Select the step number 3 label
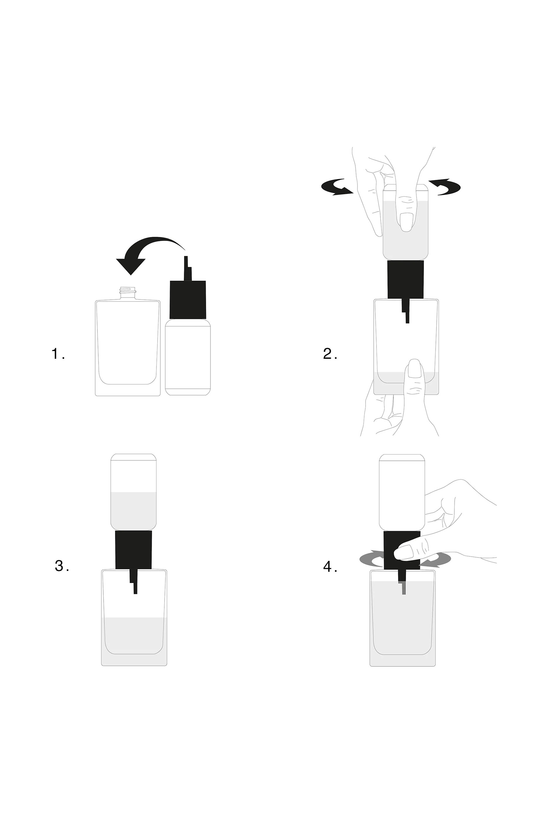(x=62, y=566)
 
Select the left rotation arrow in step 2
(x=337, y=187)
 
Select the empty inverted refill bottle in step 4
(x=402, y=492)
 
